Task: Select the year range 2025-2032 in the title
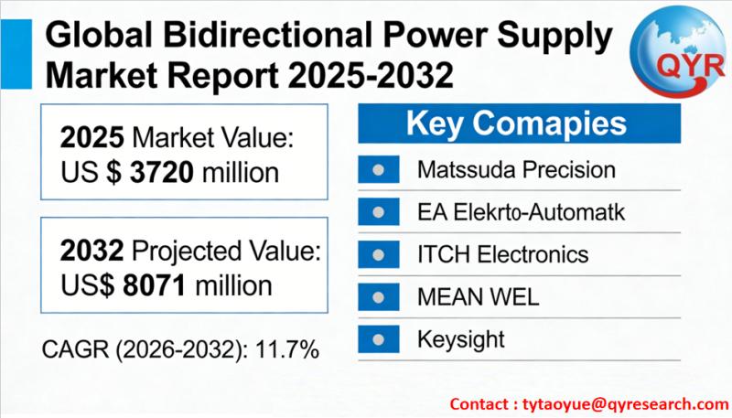(x=371, y=75)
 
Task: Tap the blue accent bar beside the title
(x=16, y=54)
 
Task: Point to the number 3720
(x=162, y=173)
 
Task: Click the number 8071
(x=155, y=285)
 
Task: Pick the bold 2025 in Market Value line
(x=92, y=137)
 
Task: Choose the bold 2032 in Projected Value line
(x=92, y=251)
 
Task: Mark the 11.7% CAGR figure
(x=287, y=349)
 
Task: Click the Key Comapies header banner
(x=519, y=123)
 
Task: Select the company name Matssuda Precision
(x=516, y=170)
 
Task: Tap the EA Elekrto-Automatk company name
(x=521, y=212)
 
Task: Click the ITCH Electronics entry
(x=502, y=254)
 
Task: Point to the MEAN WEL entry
(x=478, y=297)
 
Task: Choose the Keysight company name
(x=461, y=339)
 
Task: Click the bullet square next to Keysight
(x=379, y=339)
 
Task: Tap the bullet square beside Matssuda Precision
(x=379, y=169)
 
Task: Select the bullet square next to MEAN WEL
(x=379, y=296)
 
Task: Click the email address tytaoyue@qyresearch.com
(x=626, y=404)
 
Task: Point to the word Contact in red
(x=479, y=403)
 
